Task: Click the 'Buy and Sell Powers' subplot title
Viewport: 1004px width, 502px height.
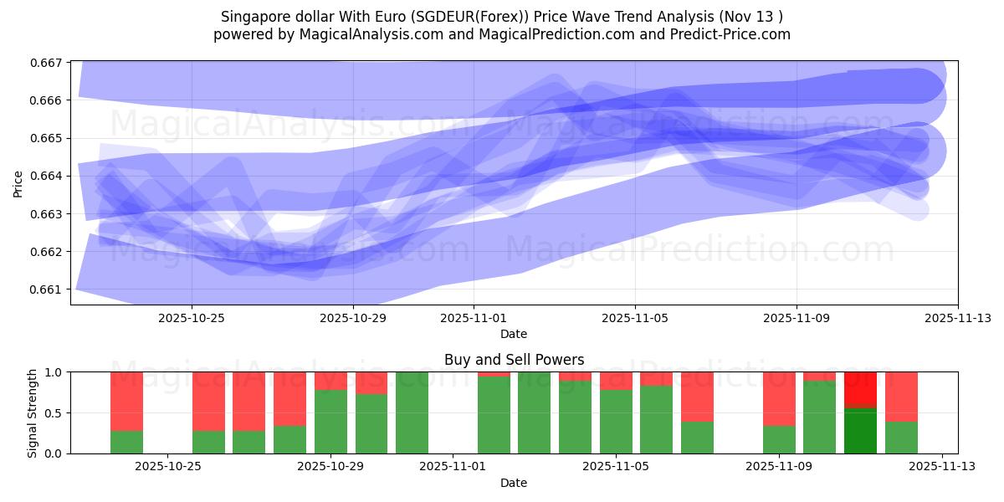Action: point(514,361)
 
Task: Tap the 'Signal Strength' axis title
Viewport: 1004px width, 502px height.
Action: point(32,412)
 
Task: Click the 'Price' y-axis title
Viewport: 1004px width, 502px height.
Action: point(18,182)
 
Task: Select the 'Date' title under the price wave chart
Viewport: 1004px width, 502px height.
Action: point(514,334)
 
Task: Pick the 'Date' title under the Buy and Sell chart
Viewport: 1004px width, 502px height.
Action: point(514,483)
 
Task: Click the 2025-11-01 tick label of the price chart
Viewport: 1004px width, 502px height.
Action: point(474,318)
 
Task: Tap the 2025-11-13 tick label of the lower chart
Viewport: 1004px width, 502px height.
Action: point(942,467)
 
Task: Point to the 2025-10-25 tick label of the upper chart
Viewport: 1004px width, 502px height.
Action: point(192,318)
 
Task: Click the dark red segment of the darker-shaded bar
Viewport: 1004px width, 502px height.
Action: point(860,389)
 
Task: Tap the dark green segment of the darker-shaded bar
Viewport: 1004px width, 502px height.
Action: point(860,430)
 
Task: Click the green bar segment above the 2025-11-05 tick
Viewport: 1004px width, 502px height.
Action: point(616,422)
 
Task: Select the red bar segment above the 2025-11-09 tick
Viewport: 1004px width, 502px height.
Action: point(779,398)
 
